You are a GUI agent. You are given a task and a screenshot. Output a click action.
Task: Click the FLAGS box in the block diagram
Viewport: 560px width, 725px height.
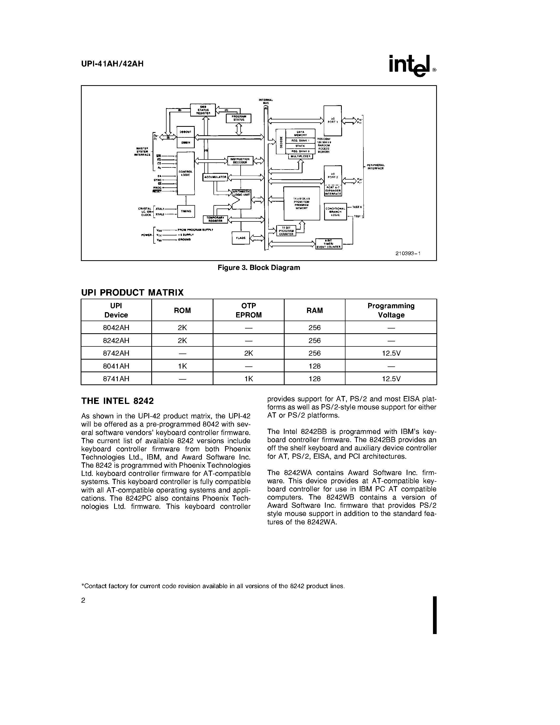(241, 238)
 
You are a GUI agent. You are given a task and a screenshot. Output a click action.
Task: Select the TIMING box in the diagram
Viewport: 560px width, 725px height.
(186, 211)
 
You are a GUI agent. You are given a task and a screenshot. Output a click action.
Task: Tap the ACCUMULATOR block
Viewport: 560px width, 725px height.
(215, 177)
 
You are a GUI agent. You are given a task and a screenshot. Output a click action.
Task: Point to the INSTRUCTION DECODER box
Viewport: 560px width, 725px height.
(240, 161)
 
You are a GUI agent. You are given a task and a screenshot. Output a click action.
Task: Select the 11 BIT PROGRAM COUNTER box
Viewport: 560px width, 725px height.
(286, 231)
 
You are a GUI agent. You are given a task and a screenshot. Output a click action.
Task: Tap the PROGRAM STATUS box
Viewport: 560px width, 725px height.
(238, 118)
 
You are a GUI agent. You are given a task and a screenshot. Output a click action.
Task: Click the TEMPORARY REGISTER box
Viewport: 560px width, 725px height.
(215, 219)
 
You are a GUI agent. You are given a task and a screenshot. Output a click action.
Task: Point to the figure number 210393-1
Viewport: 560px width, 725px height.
(408, 253)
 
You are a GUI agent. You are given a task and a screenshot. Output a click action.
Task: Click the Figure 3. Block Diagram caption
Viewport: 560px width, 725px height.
(259, 268)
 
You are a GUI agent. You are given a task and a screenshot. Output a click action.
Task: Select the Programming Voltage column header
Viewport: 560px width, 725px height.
(391, 310)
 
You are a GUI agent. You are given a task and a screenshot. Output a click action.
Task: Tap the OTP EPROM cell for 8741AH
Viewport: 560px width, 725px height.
(249, 378)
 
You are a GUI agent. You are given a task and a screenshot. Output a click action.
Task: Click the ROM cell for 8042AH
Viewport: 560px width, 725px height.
(182, 328)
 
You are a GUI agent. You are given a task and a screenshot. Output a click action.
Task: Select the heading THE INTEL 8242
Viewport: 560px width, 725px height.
(118, 401)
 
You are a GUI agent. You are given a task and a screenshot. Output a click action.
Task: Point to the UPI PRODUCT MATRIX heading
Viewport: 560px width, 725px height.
(132, 292)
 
